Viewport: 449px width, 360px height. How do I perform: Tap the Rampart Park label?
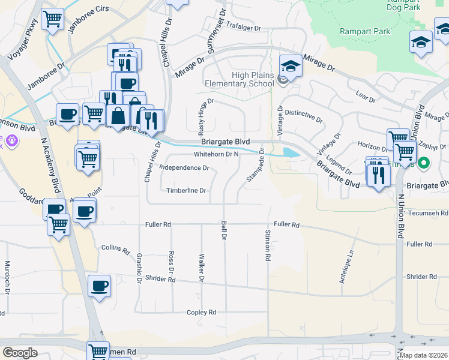(x=365, y=31)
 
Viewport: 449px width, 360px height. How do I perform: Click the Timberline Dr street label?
(x=186, y=191)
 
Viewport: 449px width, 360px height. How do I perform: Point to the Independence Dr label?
(x=185, y=168)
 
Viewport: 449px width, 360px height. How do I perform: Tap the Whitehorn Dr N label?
(x=217, y=154)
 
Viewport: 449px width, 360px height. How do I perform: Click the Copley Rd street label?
(x=201, y=313)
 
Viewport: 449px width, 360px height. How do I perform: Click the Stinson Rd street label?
(x=268, y=245)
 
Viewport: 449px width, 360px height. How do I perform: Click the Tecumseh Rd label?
(x=428, y=214)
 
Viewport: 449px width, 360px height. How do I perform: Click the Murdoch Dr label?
(x=8, y=277)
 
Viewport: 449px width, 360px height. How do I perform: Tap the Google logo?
(x=20, y=352)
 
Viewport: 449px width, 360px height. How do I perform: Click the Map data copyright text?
(x=423, y=355)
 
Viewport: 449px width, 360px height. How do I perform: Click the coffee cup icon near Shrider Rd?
(x=99, y=286)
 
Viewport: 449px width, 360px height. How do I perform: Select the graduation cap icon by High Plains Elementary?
(x=291, y=66)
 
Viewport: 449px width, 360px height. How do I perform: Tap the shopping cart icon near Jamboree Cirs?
(x=53, y=19)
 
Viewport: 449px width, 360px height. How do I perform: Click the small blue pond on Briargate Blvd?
(x=291, y=152)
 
